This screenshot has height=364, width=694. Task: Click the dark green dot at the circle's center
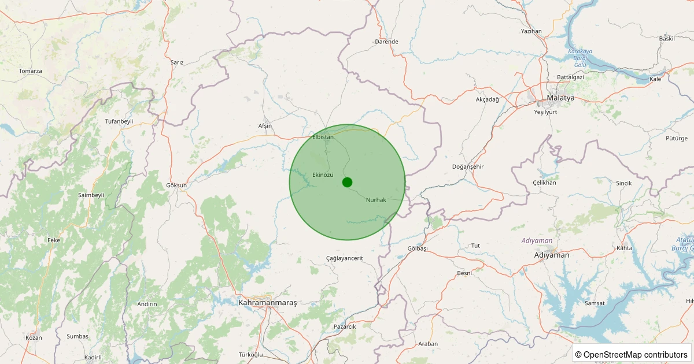tap(347, 182)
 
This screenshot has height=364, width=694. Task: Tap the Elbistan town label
tap(323, 137)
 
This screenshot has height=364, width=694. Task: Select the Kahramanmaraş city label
tap(267, 302)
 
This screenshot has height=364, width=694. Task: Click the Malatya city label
tap(560, 98)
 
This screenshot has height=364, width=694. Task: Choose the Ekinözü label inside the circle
tap(323, 174)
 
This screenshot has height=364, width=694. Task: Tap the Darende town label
tap(386, 42)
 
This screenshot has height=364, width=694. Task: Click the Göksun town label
tap(177, 185)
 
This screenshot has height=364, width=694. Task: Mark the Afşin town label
tap(265, 126)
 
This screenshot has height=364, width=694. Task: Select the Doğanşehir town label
tap(467, 166)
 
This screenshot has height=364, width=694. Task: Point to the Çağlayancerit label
tap(345, 258)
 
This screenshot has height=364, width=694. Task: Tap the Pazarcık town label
tap(345, 327)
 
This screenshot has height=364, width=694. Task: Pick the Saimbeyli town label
tap(91, 195)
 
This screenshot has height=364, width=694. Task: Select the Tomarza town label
tap(30, 71)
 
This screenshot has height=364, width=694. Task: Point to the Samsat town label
tap(595, 303)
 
